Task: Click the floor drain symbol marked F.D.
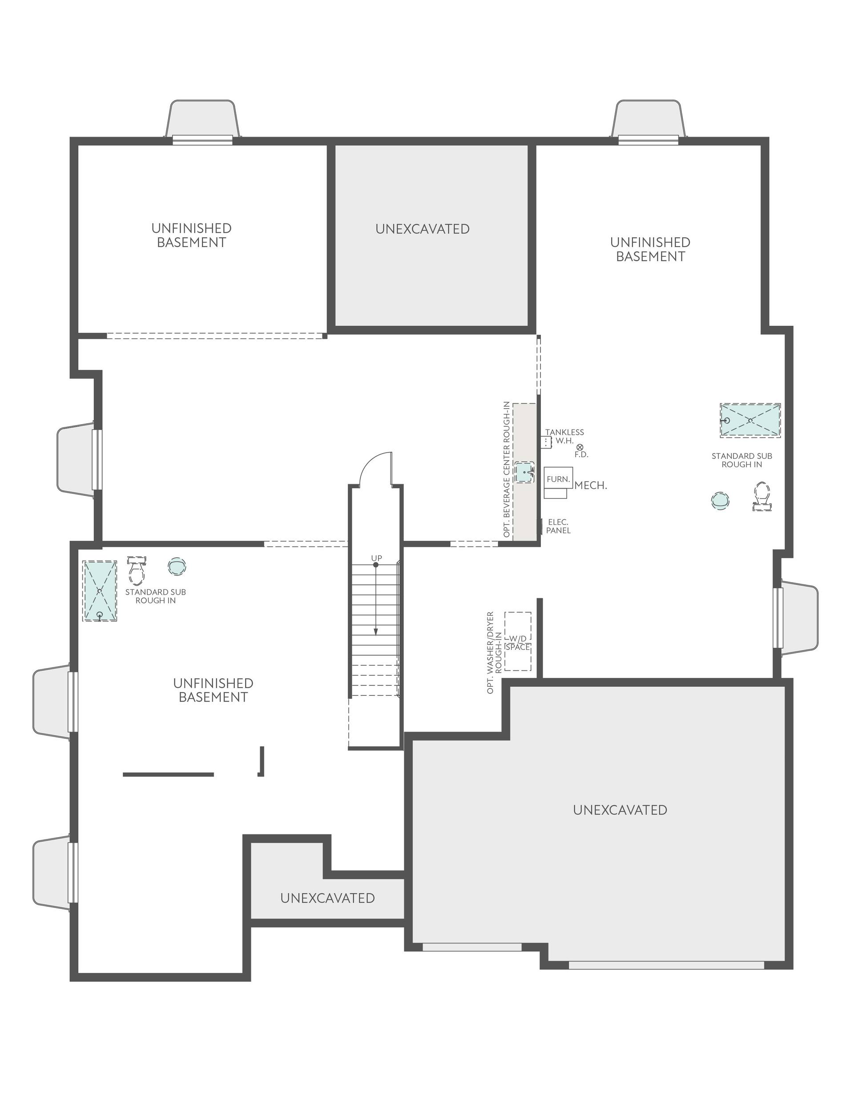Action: coord(580,447)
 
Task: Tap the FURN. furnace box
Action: coord(558,479)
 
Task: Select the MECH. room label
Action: coord(590,485)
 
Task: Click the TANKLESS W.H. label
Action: coord(564,436)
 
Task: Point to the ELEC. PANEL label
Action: coord(558,526)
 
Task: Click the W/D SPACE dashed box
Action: coord(518,641)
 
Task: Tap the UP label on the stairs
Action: coord(376,558)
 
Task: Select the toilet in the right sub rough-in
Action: coord(762,496)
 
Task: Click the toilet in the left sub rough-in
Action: coord(136,570)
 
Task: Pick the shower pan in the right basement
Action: coord(750,420)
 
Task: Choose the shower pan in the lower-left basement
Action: coord(100,591)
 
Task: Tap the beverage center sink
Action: coord(524,472)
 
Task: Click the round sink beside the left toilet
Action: coord(177,566)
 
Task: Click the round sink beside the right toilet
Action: coord(721,500)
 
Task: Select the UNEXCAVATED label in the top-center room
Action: coord(422,229)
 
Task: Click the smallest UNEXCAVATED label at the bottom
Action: coord(327,898)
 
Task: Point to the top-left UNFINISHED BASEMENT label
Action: coord(191,235)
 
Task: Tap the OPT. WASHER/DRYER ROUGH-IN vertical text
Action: coord(494,653)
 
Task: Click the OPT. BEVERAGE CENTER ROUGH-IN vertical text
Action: coord(506,470)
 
